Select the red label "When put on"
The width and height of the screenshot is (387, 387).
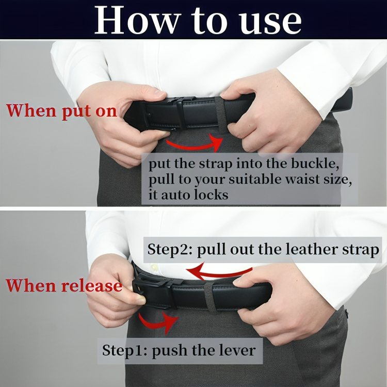coord(61,111)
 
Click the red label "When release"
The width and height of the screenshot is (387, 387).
coord(64,286)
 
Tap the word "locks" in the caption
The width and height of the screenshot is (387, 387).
coord(211,195)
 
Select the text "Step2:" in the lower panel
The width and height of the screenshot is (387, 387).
coord(170,249)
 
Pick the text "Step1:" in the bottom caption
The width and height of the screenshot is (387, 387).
coord(124,350)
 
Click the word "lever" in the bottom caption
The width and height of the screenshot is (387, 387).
coord(238,350)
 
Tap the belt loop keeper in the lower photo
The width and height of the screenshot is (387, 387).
coord(211,298)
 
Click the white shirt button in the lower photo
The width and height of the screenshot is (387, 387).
coord(154,267)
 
